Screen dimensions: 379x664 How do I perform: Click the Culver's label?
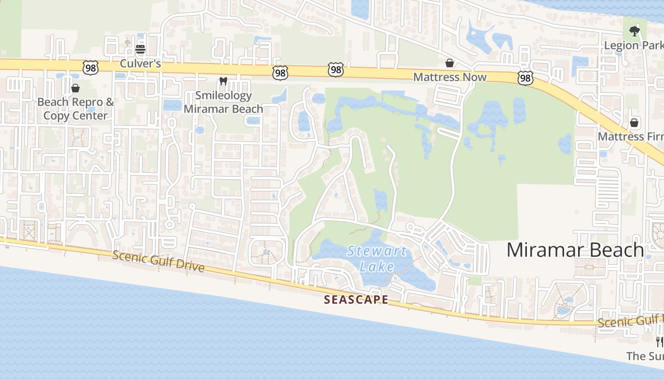[x=140, y=63]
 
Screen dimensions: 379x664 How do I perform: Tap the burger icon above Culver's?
[x=140, y=49]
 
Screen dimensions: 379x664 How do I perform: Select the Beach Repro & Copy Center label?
[x=76, y=108]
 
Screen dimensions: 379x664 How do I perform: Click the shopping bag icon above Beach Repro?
[x=75, y=88]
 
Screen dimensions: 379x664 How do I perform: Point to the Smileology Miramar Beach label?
[x=223, y=102]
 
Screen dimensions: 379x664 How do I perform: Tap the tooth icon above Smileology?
[x=223, y=81]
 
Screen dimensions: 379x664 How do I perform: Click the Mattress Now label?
[x=450, y=77]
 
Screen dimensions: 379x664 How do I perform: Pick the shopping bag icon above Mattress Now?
[x=449, y=63]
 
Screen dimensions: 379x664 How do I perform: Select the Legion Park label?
[x=634, y=45]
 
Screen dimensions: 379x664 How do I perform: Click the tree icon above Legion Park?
[x=634, y=32]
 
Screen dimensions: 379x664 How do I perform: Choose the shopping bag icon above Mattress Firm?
[x=634, y=123]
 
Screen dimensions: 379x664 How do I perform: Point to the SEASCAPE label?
[x=356, y=299]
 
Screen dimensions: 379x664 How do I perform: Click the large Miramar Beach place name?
[x=575, y=250]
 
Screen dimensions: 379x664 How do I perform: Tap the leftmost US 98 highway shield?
[x=90, y=68]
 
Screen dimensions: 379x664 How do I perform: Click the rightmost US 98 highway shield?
[x=525, y=78]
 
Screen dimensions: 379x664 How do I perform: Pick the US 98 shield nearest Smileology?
[x=280, y=72]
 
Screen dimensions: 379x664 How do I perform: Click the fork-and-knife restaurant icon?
[x=659, y=342]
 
